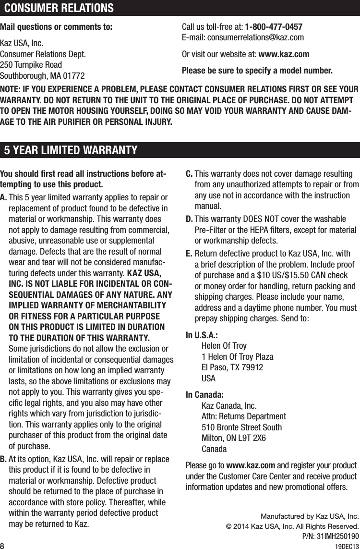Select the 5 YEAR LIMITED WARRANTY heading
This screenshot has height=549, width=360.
click(x=71, y=150)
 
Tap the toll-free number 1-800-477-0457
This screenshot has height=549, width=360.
click(x=274, y=26)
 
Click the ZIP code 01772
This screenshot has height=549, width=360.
click(x=72, y=76)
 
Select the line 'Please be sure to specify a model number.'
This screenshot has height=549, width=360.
click(x=257, y=71)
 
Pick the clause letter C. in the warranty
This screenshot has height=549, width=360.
click(x=189, y=173)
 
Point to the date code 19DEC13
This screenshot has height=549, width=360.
click(x=347, y=544)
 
